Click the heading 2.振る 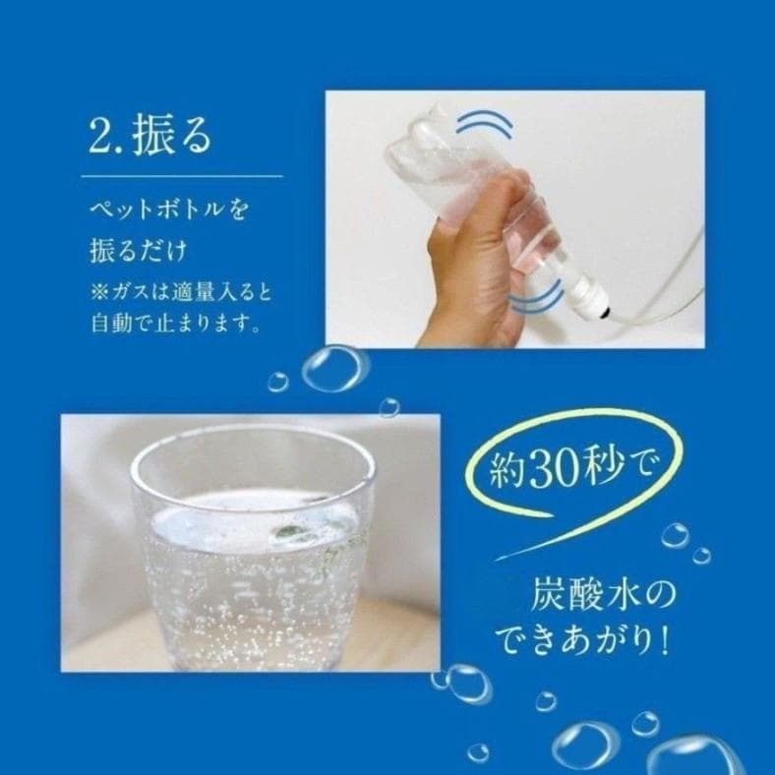click(x=149, y=136)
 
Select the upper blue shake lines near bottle click(x=484, y=126)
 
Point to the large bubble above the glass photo click(x=333, y=369)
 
